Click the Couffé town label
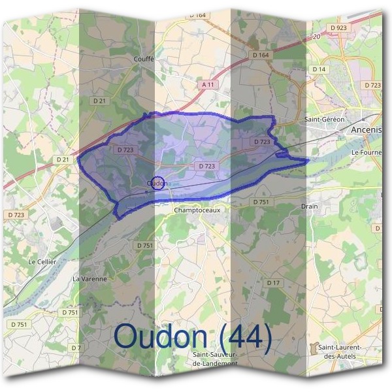[x=143, y=59]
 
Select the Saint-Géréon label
[x=321, y=120]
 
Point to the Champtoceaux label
[x=195, y=210]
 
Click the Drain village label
[x=310, y=206]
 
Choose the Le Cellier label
[x=42, y=261]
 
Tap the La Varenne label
[x=89, y=278]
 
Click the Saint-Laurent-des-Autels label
[x=340, y=351]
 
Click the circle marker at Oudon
[x=157, y=182]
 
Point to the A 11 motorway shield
[x=208, y=84]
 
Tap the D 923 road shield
[x=340, y=28]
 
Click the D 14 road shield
[x=319, y=69]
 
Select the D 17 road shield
[x=273, y=282]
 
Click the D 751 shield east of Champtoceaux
[x=261, y=202]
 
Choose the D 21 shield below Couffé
[x=99, y=101]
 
